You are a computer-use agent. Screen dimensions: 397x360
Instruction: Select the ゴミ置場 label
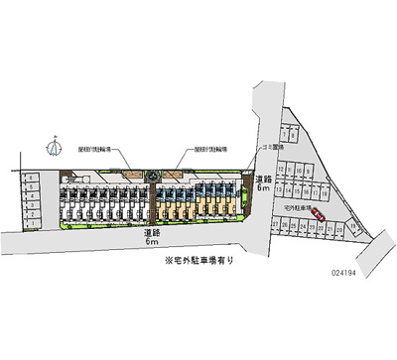[x=274, y=148]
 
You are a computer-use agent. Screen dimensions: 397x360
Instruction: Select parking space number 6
[x=32, y=178]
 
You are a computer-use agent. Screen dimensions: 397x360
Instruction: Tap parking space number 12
[x=281, y=169]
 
